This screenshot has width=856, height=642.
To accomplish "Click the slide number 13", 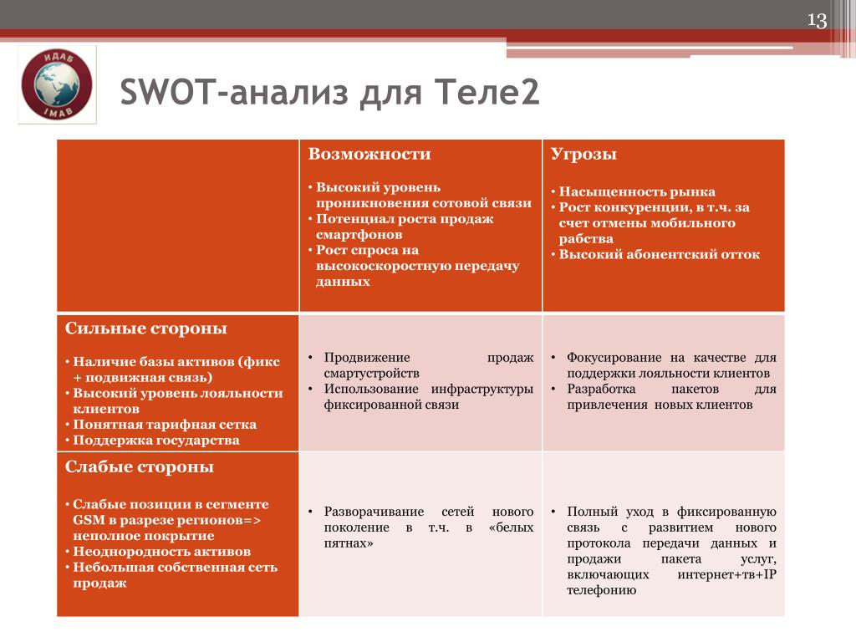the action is [x=817, y=20].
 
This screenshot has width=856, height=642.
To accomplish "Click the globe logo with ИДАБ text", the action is [x=57, y=84].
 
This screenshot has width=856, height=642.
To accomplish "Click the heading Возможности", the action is [x=369, y=154].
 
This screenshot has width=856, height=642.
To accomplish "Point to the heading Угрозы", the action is [x=583, y=155].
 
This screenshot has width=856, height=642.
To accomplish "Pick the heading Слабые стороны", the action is [x=140, y=466].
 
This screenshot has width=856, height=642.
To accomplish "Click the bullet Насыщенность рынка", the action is [x=636, y=191].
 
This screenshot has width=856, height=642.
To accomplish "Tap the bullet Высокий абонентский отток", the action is [x=659, y=254].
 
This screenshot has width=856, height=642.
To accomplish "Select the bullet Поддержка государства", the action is [x=156, y=440].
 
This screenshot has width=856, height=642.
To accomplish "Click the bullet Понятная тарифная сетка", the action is [x=165, y=424].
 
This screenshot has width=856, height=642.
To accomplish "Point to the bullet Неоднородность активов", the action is [x=161, y=552].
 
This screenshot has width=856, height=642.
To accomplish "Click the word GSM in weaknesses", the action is [x=89, y=520].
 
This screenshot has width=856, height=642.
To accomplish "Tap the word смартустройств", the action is [x=372, y=374].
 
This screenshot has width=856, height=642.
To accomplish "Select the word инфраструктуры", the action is [x=482, y=390].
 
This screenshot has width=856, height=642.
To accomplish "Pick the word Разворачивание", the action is [x=374, y=512].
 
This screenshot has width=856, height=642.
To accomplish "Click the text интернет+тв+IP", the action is [x=726, y=574].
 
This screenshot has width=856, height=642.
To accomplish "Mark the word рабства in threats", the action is [x=586, y=238].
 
